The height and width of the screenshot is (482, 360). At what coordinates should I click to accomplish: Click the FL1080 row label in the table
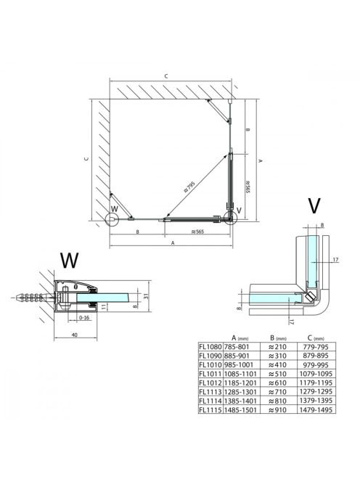point(210,347)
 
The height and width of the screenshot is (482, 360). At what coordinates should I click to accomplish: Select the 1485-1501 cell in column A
point(240,409)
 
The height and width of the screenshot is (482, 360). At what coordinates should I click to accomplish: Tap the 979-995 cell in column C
point(316,365)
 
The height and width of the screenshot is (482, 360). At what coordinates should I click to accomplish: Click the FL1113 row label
point(210,392)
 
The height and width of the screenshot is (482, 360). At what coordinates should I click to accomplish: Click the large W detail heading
point(69,261)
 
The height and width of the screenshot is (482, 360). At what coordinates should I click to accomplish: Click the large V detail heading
point(314,206)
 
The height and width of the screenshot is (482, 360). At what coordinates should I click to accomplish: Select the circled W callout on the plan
point(112,219)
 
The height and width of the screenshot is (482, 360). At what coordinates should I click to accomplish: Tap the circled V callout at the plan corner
point(231,218)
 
